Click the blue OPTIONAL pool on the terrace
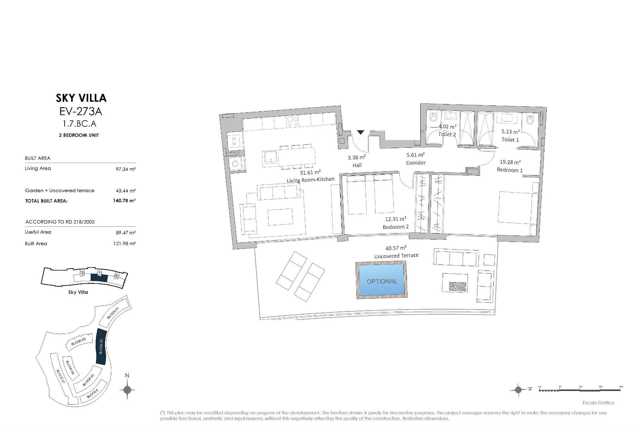click(x=382, y=280)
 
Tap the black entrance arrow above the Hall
click(x=360, y=132)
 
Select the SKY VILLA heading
click(x=81, y=98)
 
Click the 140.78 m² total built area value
click(x=124, y=200)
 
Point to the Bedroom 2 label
click(x=395, y=227)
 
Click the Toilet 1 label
click(x=510, y=140)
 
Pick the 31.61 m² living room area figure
click(x=310, y=172)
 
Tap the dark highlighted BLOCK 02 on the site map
click(x=101, y=346)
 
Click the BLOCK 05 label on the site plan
click(x=79, y=341)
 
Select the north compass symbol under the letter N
click(x=127, y=389)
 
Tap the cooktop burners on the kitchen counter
click(x=292, y=121)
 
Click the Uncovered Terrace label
click(x=396, y=256)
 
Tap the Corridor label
click(x=416, y=163)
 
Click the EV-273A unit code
click(x=80, y=111)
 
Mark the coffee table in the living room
click(x=280, y=217)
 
